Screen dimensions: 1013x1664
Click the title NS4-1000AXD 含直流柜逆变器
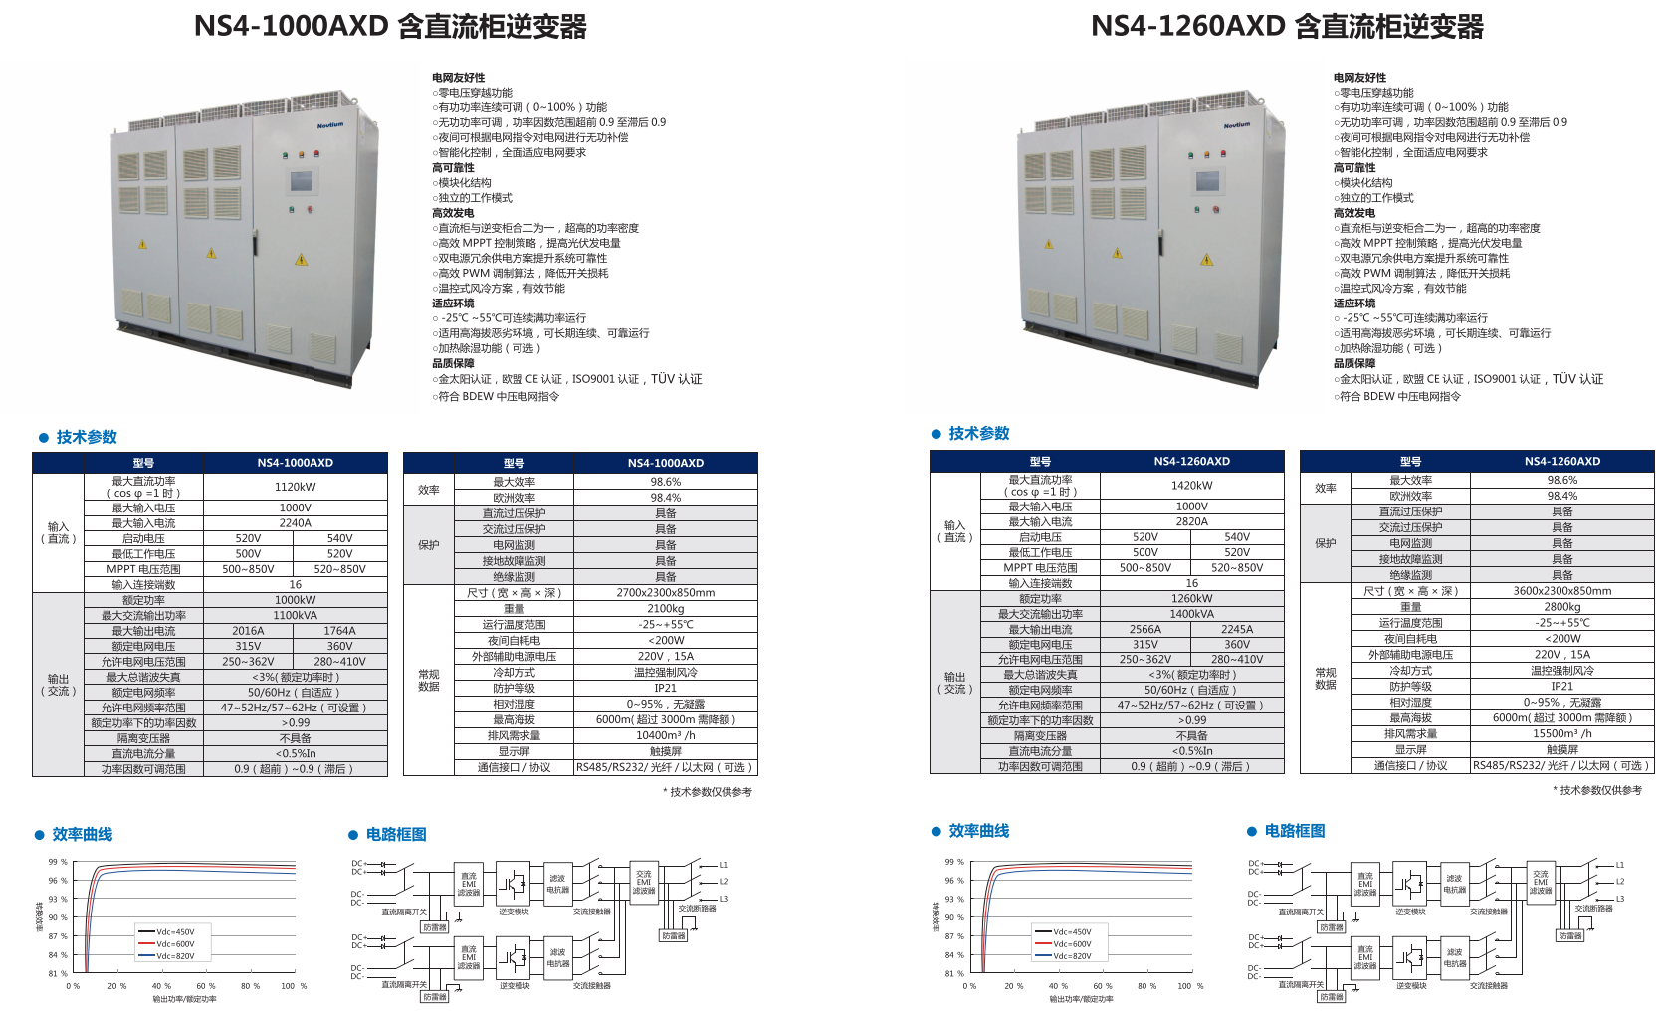pos(390,26)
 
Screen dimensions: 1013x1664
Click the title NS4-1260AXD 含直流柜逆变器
pos(1287,26)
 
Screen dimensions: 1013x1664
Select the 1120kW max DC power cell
pos(295,487)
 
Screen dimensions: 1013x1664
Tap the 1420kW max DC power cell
pos(1191,486)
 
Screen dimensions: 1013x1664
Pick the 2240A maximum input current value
pos(295,522)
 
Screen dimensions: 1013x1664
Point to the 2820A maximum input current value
pos(1191,521)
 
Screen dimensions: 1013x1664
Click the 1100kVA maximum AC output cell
pos(295,615)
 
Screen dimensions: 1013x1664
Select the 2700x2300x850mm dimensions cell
pos(665,592)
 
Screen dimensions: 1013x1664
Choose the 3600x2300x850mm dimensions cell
pos(1561,590)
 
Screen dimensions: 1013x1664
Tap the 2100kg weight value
pos(665,608)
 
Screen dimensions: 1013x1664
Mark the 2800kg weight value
pos(1561,606)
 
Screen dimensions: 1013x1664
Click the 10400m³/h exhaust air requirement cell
pos(665,735)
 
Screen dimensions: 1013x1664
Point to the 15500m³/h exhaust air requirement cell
pos(1561,733)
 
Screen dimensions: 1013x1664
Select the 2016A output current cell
pos(248,631)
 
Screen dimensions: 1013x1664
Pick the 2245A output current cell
pos(1237,629)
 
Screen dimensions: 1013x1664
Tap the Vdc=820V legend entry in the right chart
pos(1071,956)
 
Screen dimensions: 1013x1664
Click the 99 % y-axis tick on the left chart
pos(58,862)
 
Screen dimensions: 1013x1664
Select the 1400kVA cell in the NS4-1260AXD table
pos(1191,614)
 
